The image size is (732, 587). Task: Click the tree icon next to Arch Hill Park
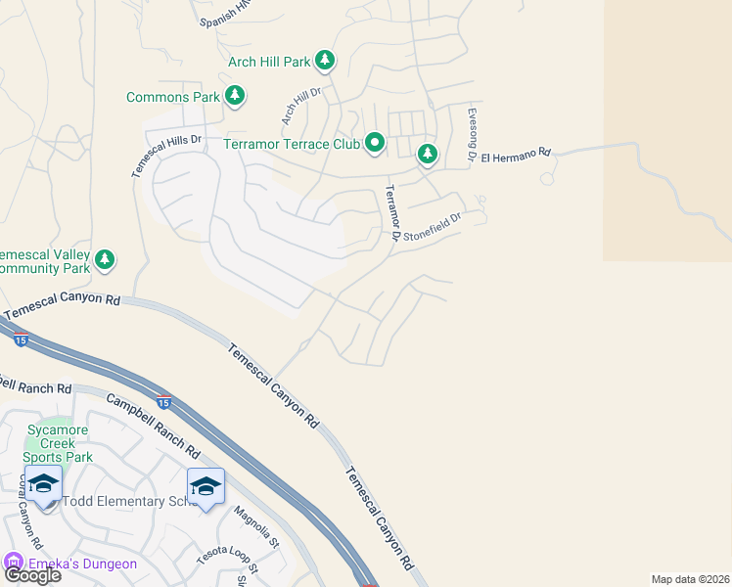point(325,62)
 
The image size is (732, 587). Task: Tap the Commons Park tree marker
point(234,96)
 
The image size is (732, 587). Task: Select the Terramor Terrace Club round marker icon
point(375,144)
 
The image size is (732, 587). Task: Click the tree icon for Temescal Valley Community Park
point(105,260)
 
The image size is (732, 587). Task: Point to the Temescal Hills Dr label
point(166,156)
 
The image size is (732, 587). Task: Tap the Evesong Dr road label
point(472,134)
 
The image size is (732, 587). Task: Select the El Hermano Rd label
point(517,155)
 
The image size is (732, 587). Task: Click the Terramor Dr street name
point(392,212)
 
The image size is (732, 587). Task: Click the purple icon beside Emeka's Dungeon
point(13,564)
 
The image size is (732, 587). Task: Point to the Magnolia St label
point(256,526)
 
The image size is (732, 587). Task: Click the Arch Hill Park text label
point(268,62)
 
